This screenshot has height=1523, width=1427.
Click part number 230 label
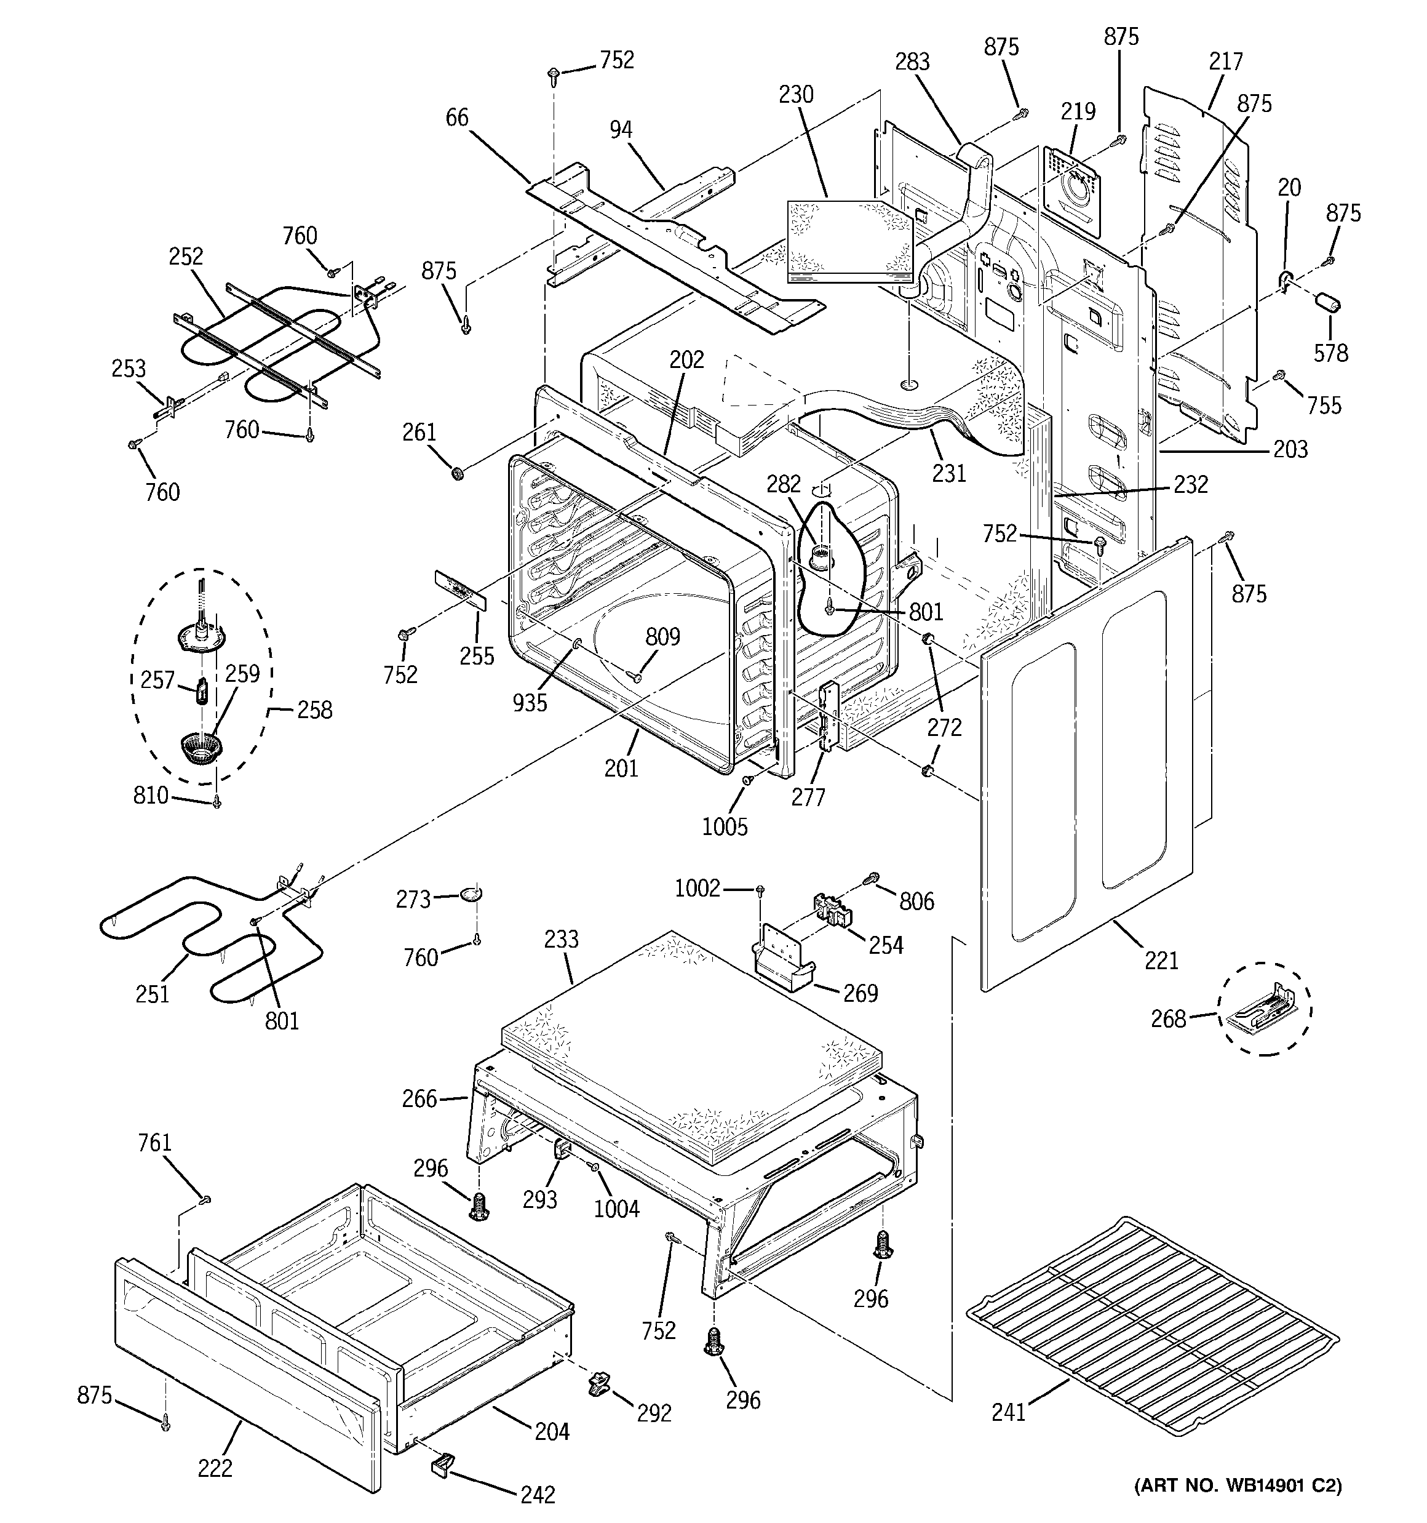796,95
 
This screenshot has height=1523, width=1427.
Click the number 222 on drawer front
215,1468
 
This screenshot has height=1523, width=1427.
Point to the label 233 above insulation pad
562,939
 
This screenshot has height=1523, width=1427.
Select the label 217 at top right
1225,62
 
